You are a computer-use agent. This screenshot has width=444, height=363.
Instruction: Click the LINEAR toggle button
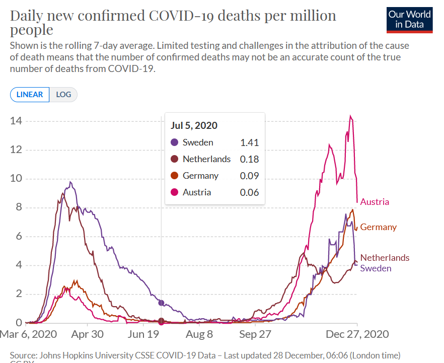point(30,95)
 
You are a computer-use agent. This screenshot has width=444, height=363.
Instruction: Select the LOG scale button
point(63,95)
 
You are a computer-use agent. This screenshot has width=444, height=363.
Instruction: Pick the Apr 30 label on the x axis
point(87,334)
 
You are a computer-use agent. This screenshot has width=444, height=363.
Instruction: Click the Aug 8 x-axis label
point(199,334)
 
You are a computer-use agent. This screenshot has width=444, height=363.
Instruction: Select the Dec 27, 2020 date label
point(357,334)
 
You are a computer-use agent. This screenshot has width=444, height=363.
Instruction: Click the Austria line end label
point(375,202)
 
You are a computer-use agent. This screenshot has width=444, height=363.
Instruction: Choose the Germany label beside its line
point(378,227)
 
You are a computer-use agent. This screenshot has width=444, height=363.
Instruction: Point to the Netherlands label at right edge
point(385,258)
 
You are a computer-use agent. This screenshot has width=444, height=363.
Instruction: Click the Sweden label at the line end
point(376,268)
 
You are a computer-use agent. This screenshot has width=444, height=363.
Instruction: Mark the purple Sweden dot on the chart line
point(161,303)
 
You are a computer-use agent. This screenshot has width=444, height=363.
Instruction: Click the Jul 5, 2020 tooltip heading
point(194,126)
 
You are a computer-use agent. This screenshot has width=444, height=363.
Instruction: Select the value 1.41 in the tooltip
point(249,142)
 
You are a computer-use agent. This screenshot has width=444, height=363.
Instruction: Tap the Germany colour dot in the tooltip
point(175,176)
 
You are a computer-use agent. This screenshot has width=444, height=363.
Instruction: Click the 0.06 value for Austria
point(249,192)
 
